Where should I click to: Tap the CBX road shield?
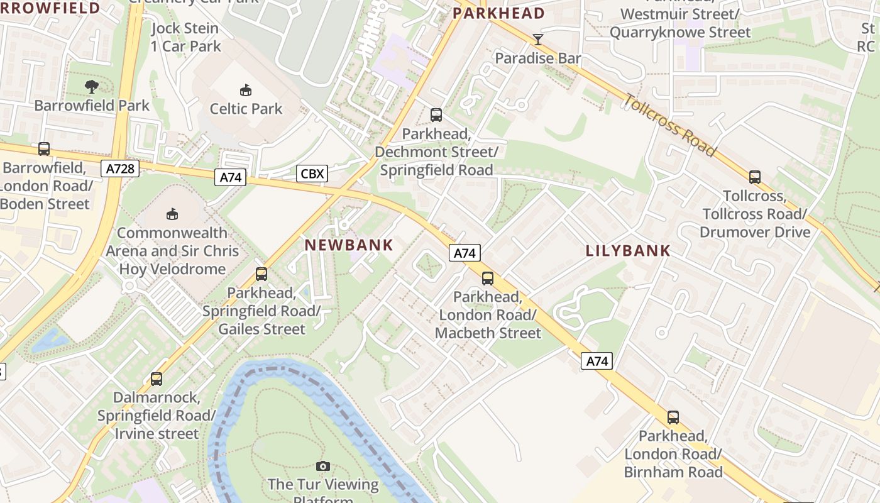[312, 173]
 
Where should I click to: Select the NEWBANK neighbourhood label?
[349, 245]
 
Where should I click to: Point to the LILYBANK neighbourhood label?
[628, 251]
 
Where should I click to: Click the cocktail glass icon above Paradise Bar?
[537, 40]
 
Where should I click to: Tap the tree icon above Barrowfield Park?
[92, 87]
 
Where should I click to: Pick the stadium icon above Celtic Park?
[246, 91]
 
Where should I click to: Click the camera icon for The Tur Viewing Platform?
[322, 466]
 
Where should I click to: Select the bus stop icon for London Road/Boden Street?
[44, 149]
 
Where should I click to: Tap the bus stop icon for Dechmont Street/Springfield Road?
[436, 115]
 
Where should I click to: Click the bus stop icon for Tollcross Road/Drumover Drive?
[754, 177]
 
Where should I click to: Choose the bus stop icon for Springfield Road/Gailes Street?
[261, 274]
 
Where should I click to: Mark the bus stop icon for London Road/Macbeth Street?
[487, 278]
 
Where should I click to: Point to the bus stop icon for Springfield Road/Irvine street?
[156, 379]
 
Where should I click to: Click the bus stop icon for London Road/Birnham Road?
[673, 417]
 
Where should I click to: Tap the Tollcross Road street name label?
[670, 124]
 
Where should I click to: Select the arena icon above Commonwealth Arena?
[172, 214]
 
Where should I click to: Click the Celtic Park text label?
[246, 109]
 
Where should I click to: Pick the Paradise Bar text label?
[537, 58]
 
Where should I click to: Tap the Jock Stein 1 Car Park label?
[185, 37]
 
